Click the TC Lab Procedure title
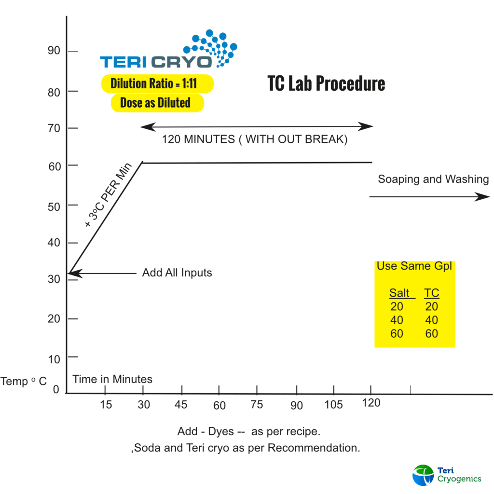(326, 83)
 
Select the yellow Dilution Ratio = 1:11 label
(157, 83)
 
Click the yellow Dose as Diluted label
(155, 103)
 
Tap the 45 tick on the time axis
(181, 404)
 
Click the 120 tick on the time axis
(370, 402)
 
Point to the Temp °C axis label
(24, 382)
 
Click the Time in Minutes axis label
(112, 379)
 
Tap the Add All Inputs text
(177, 273)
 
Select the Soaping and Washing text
(433, 179)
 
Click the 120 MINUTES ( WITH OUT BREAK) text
(254, 140)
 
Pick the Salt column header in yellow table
(399, 293)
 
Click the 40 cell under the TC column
(432, 320)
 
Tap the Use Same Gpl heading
(414, 266)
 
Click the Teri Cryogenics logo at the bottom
(447, 475)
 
